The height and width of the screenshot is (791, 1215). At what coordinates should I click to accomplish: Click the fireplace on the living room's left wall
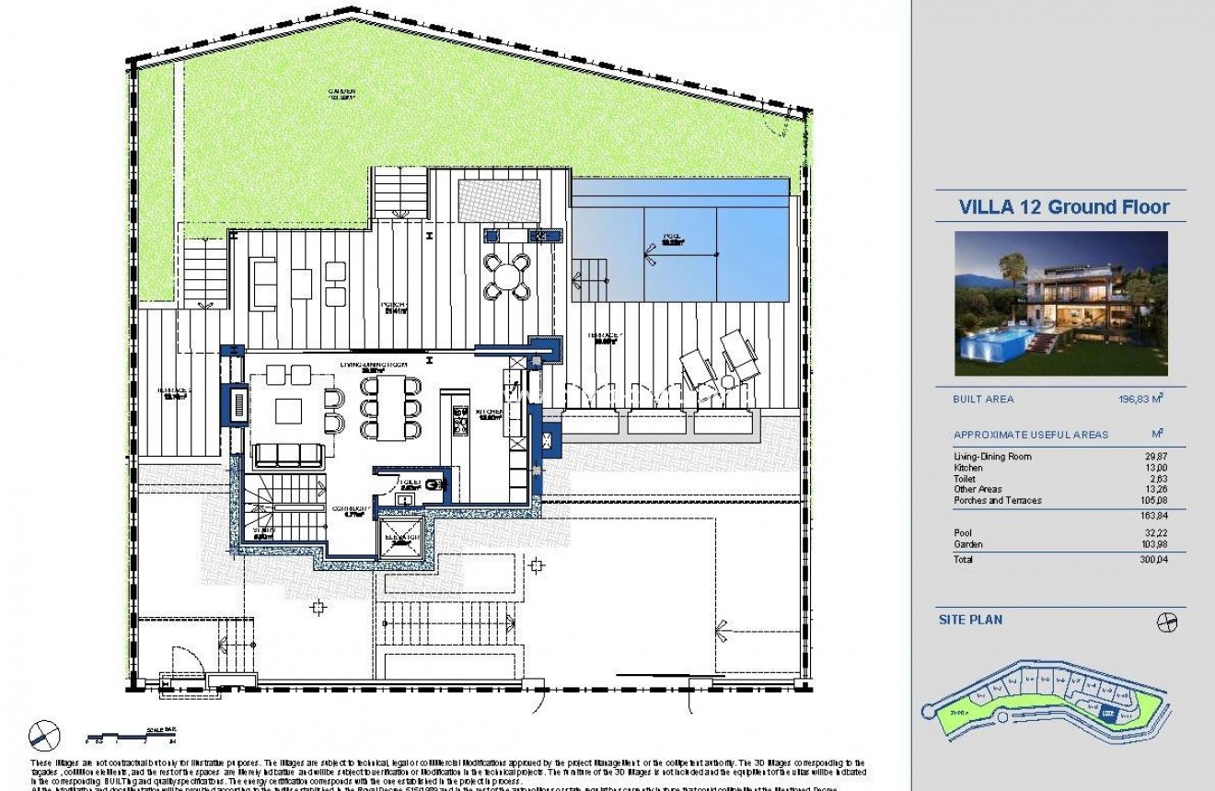pos(238,405)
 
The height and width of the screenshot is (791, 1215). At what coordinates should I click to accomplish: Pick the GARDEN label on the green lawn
pos(343,92)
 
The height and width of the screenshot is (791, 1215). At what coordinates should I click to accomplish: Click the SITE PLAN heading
pos(970,620)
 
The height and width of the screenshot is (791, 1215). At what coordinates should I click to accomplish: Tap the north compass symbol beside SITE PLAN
pos(1166,622)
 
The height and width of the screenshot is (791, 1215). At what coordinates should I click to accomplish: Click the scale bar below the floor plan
pos(128,735)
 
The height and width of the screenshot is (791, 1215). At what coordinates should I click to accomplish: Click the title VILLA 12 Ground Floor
pos(1064,206)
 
